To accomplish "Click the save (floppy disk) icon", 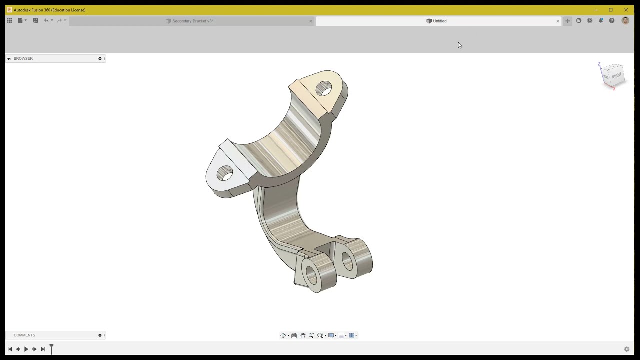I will point(35,21).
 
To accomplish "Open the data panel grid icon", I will point(9,21).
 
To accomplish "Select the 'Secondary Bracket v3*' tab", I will point(192,21).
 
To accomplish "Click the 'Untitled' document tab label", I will point(439,21).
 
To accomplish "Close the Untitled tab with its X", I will point(558,21).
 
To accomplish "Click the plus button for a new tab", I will point(567,21).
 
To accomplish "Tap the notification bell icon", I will point(601,21).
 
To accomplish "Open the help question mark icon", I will point(612,21).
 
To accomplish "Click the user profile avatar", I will point(625,21).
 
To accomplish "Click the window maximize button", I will point(610,10).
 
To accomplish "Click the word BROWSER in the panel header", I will point(23,59).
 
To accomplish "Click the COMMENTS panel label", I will point(24,335).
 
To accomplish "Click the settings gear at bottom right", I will point(626,349).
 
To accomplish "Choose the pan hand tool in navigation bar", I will point(302,336).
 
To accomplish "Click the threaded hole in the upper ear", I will point(324,89).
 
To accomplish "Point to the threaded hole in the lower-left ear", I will point(225,173).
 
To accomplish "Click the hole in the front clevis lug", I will point(311,275).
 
